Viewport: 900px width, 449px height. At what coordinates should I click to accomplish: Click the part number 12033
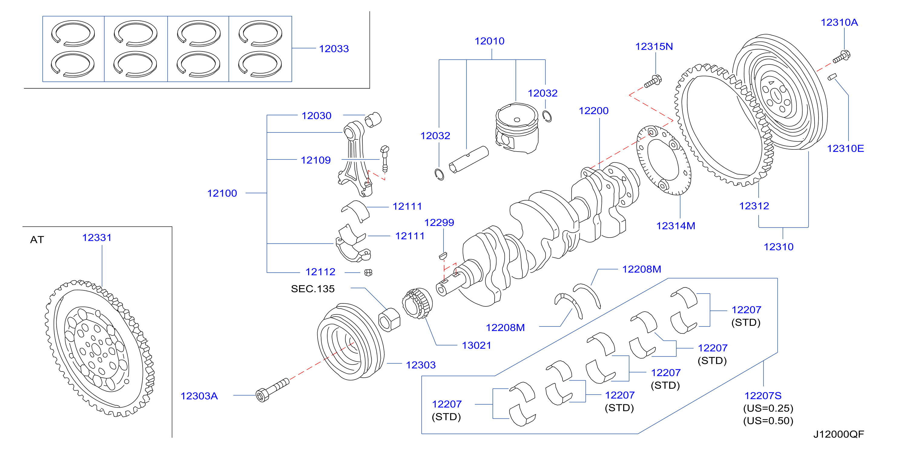(x=334, y=49)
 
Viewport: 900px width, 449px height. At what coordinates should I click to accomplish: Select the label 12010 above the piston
(x=489, y=41)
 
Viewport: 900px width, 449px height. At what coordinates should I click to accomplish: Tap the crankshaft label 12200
(x=594, y=111)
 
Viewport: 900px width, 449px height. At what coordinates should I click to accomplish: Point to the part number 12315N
(x=654, y=47)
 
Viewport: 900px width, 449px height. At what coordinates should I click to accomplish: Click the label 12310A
(x=839, y=23)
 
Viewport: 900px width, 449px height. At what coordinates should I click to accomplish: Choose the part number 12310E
(x=845, y=149)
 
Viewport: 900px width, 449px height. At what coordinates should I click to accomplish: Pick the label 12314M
(x=675, y=226)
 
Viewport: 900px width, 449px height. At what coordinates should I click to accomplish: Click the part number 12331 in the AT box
(x=97, y=238)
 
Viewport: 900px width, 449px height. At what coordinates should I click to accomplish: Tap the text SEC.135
(x=313, y=289)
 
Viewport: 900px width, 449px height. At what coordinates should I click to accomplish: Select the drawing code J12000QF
(x=839, y=434)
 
